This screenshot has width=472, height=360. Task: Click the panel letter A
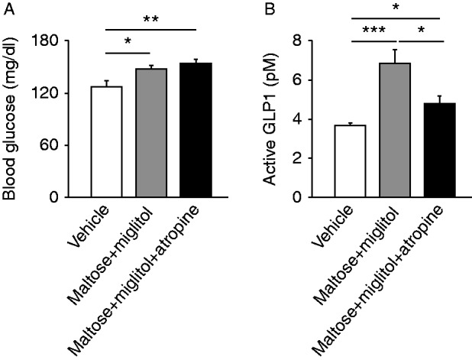pos(8,8)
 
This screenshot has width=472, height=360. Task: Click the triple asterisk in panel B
pos(373,30)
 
